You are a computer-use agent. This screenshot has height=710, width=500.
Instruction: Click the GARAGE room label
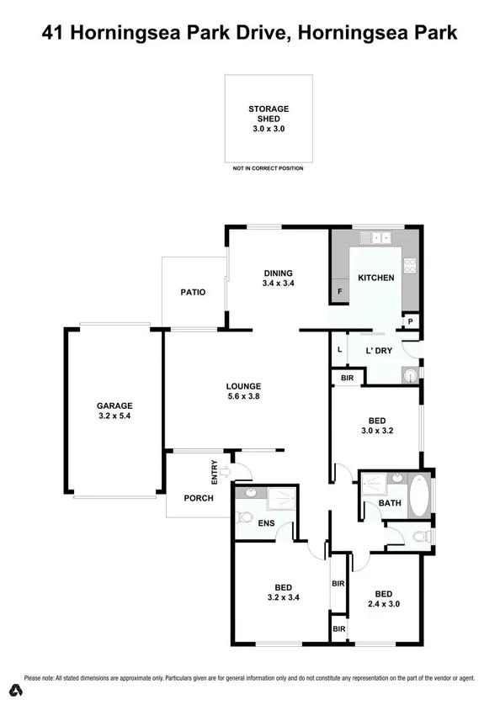pyautogui.click(x=114, y=405)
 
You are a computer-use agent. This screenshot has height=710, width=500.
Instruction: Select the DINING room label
pyautogui.click(x=278, y=273)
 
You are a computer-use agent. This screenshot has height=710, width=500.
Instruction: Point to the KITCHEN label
pyautogui.click(x=375, y=278)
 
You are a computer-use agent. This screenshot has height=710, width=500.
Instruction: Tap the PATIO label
pyautogui.click(x=193, y=292)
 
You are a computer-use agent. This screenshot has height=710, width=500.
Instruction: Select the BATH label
pyautogui.click(x=389, y=503)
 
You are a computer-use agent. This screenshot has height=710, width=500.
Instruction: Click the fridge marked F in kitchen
pyautogui.click(x=340, y=291)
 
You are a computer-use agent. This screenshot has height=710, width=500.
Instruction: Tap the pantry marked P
pyautogui.click(x=410, y=321)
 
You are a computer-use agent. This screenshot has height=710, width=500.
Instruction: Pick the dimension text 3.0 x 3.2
pyautogui.click(x=376, y=430)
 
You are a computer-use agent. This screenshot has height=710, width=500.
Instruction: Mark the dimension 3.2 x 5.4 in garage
pyautogui.click(x=114, y=415)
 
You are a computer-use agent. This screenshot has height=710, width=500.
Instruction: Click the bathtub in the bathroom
pyautogui.click(x=419, y=495)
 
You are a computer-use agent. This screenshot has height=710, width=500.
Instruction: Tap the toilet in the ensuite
pyautogui.click(x=245, y=517)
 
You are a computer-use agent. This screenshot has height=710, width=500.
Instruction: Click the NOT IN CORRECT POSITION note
pyautogui.click(x=268, y=168)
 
